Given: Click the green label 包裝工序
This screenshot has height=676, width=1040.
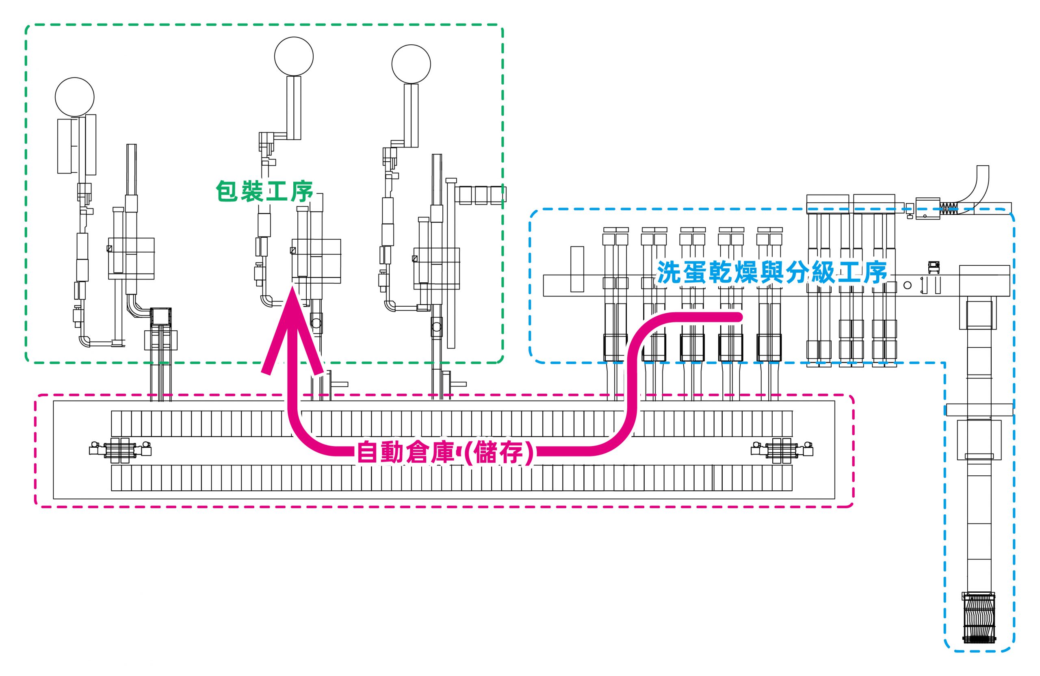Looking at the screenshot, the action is (265, 191).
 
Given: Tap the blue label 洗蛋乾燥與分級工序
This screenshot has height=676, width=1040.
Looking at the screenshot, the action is (772, 273).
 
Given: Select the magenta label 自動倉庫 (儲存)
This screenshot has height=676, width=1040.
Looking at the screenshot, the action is (446, 452).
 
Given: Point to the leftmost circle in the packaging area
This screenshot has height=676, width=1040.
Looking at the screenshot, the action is (75, 97).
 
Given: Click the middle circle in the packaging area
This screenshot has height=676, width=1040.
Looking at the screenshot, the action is (294, 56).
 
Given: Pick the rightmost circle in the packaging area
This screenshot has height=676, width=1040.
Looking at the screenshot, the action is (411, 64).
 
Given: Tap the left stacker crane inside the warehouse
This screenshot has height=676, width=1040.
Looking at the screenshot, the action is (120, 451).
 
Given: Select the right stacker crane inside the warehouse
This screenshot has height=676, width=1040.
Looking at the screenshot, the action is (782, 451).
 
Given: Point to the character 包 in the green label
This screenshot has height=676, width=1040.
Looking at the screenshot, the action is (227, 191).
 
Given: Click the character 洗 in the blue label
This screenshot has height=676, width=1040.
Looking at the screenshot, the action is (668, 273).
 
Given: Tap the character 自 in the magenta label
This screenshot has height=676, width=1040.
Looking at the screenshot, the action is (368, 452).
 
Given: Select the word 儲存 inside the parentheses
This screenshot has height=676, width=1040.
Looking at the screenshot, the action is (498, 453).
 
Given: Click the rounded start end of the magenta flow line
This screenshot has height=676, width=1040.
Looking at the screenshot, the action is (739, 317).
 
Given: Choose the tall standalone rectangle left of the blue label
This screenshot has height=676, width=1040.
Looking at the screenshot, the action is (577, 269).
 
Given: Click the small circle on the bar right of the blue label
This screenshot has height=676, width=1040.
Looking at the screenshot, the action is (907, 285).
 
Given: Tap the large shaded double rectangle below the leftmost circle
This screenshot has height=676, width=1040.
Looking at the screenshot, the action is (77, 145).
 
